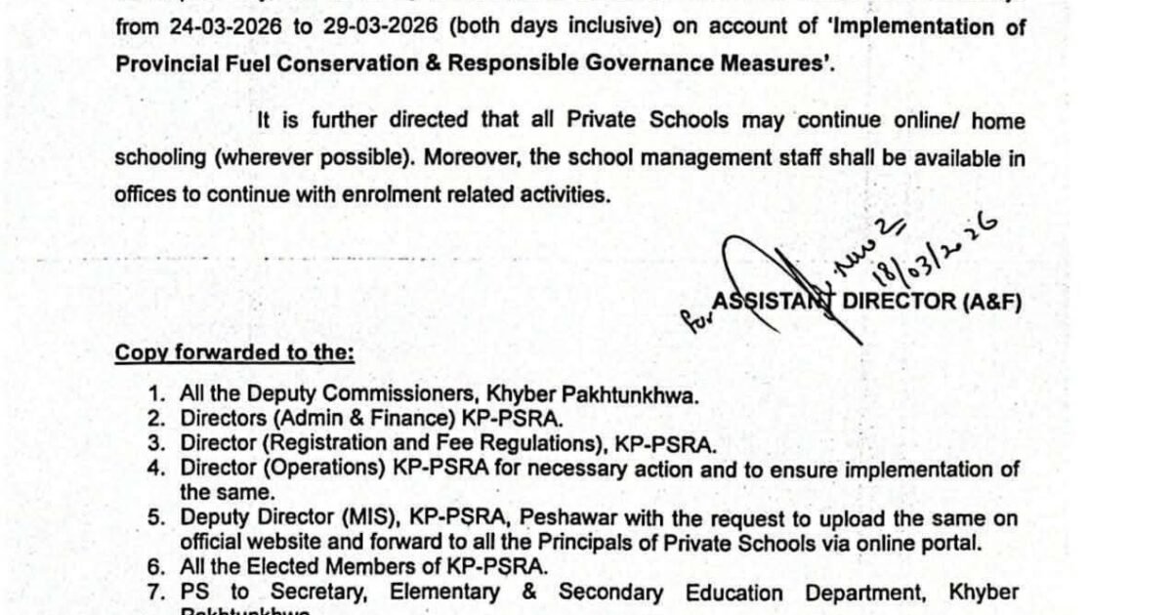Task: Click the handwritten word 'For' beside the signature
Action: [x=694, y=318]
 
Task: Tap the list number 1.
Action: [x=156, y=394]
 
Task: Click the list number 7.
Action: [x=156, y=593]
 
